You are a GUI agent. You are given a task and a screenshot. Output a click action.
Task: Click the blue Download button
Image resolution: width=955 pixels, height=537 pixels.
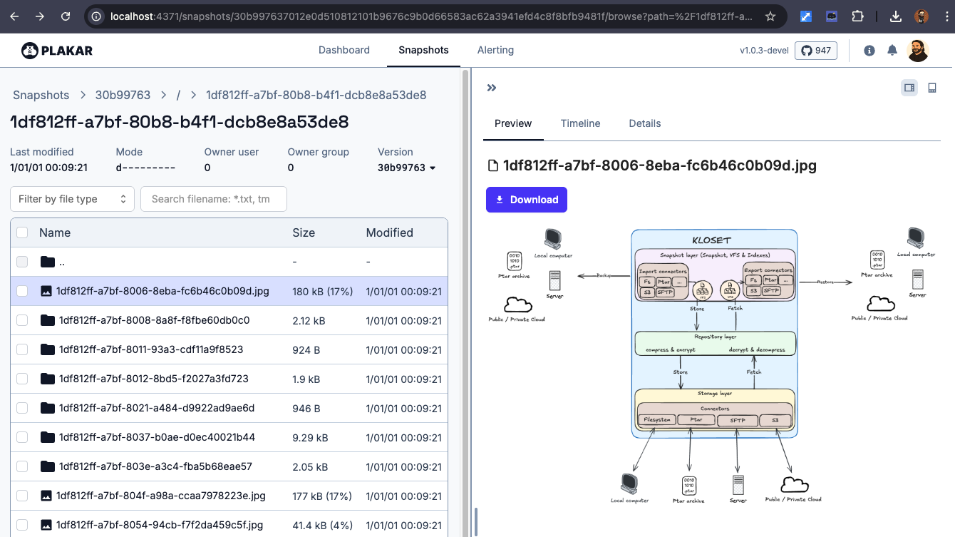coord(526,200)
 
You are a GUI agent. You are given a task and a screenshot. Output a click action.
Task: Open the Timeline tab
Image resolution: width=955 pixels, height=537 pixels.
coord(580,123)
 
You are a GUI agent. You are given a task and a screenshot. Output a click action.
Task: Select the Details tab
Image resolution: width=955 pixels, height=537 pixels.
coord(644,123)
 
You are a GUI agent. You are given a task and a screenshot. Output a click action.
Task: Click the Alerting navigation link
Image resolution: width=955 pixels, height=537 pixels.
coord(495,50)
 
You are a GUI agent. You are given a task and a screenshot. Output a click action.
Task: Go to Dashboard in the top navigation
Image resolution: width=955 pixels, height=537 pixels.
coord(344,50)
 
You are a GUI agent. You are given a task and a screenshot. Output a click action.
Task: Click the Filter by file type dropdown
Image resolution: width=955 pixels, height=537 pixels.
coord(72,199)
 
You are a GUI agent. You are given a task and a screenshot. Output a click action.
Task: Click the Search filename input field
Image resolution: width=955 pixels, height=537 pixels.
coord(214,199)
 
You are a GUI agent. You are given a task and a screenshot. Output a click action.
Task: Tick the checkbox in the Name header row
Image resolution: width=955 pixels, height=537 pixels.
coord(22,232)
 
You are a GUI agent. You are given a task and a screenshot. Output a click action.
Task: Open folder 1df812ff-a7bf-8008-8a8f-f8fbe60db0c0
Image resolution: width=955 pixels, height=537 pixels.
coord(154,320)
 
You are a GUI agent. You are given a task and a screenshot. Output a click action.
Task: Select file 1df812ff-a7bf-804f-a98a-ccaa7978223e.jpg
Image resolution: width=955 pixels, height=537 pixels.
coord(160,496)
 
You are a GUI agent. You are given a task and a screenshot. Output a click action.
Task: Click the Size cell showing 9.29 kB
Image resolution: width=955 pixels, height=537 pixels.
coord(310,437)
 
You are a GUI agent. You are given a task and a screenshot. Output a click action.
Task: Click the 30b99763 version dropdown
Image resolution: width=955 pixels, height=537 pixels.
coord(406,168)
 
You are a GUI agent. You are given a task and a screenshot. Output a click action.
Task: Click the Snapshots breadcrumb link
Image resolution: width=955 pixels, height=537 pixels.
coord(41,95)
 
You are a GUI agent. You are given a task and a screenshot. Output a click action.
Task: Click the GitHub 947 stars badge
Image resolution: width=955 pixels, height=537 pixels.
coord(815,51)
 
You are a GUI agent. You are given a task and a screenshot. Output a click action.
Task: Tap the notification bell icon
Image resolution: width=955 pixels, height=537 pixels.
coord(892,51)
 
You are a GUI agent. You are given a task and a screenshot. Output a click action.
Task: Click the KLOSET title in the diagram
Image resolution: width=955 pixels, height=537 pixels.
coord(711,240)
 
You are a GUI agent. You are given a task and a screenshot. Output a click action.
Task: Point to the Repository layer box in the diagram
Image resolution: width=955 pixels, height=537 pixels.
coord(715,343)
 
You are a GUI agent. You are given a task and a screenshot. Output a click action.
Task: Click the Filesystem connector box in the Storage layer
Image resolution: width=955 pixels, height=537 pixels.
coord(656,420)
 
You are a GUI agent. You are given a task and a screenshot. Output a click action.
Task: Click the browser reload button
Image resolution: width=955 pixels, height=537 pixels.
coord(66,16)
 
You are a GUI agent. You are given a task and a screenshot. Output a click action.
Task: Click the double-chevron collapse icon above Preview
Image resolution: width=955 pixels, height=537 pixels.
coord(491,88)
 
